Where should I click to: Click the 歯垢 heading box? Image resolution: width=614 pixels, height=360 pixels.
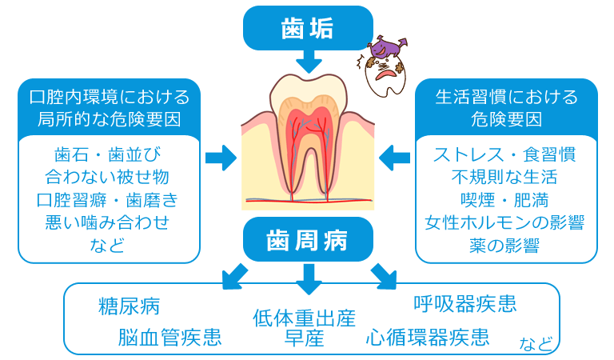click(x=308, y=29)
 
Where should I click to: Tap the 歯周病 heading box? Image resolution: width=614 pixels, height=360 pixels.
click(x=308, y=238)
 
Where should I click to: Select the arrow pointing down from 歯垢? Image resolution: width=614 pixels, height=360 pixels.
click(x=308, y=62)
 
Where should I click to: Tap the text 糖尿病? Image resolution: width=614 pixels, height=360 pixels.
click(x=129, y=306)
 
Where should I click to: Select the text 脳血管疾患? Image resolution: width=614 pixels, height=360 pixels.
click(x=169, y=337)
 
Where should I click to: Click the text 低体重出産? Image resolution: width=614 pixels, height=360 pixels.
click(x=304, y=318)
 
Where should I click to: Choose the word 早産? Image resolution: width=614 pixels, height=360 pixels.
click(x=304, y=338)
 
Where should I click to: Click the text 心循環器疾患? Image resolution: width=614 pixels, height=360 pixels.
click(x=428, y=337)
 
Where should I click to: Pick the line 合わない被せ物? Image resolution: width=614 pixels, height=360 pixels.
click(x=108, y=176)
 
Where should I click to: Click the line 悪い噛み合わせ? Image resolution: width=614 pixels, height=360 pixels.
click(x=108, y=222)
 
